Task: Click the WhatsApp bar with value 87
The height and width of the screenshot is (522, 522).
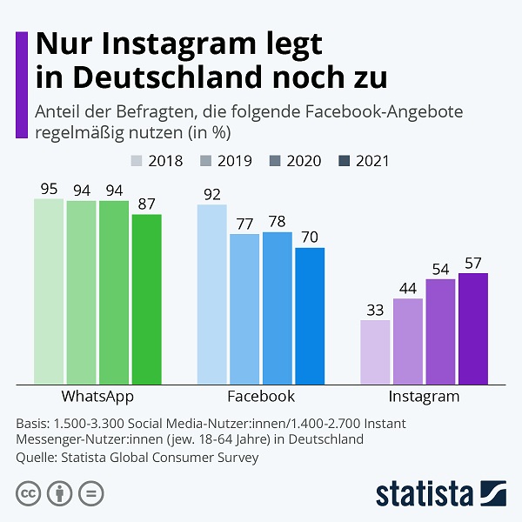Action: [146, 298]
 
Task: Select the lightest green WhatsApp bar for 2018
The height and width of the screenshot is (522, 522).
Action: [49, 291]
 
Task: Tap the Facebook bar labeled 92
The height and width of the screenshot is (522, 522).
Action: [212, 294]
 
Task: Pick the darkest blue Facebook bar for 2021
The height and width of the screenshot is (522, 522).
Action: [310, 315]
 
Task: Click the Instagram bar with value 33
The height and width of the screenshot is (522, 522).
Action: [375, 351]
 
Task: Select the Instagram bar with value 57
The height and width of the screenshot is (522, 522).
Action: [473, 328]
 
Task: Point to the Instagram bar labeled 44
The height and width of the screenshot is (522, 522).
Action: [408, 340]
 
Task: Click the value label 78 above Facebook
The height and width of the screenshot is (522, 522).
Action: [278, 222]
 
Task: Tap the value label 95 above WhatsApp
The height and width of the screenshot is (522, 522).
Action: [49, 189]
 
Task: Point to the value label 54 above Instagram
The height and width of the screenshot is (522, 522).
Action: [440, 269]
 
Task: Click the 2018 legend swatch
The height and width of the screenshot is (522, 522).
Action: [137, 161]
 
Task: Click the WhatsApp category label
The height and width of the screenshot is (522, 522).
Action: [97, 396]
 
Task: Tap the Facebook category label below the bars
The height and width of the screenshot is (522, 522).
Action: [261, 396]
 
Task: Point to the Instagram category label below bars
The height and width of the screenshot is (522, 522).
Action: [424, 396]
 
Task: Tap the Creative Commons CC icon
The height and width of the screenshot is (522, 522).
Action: [30, 493]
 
